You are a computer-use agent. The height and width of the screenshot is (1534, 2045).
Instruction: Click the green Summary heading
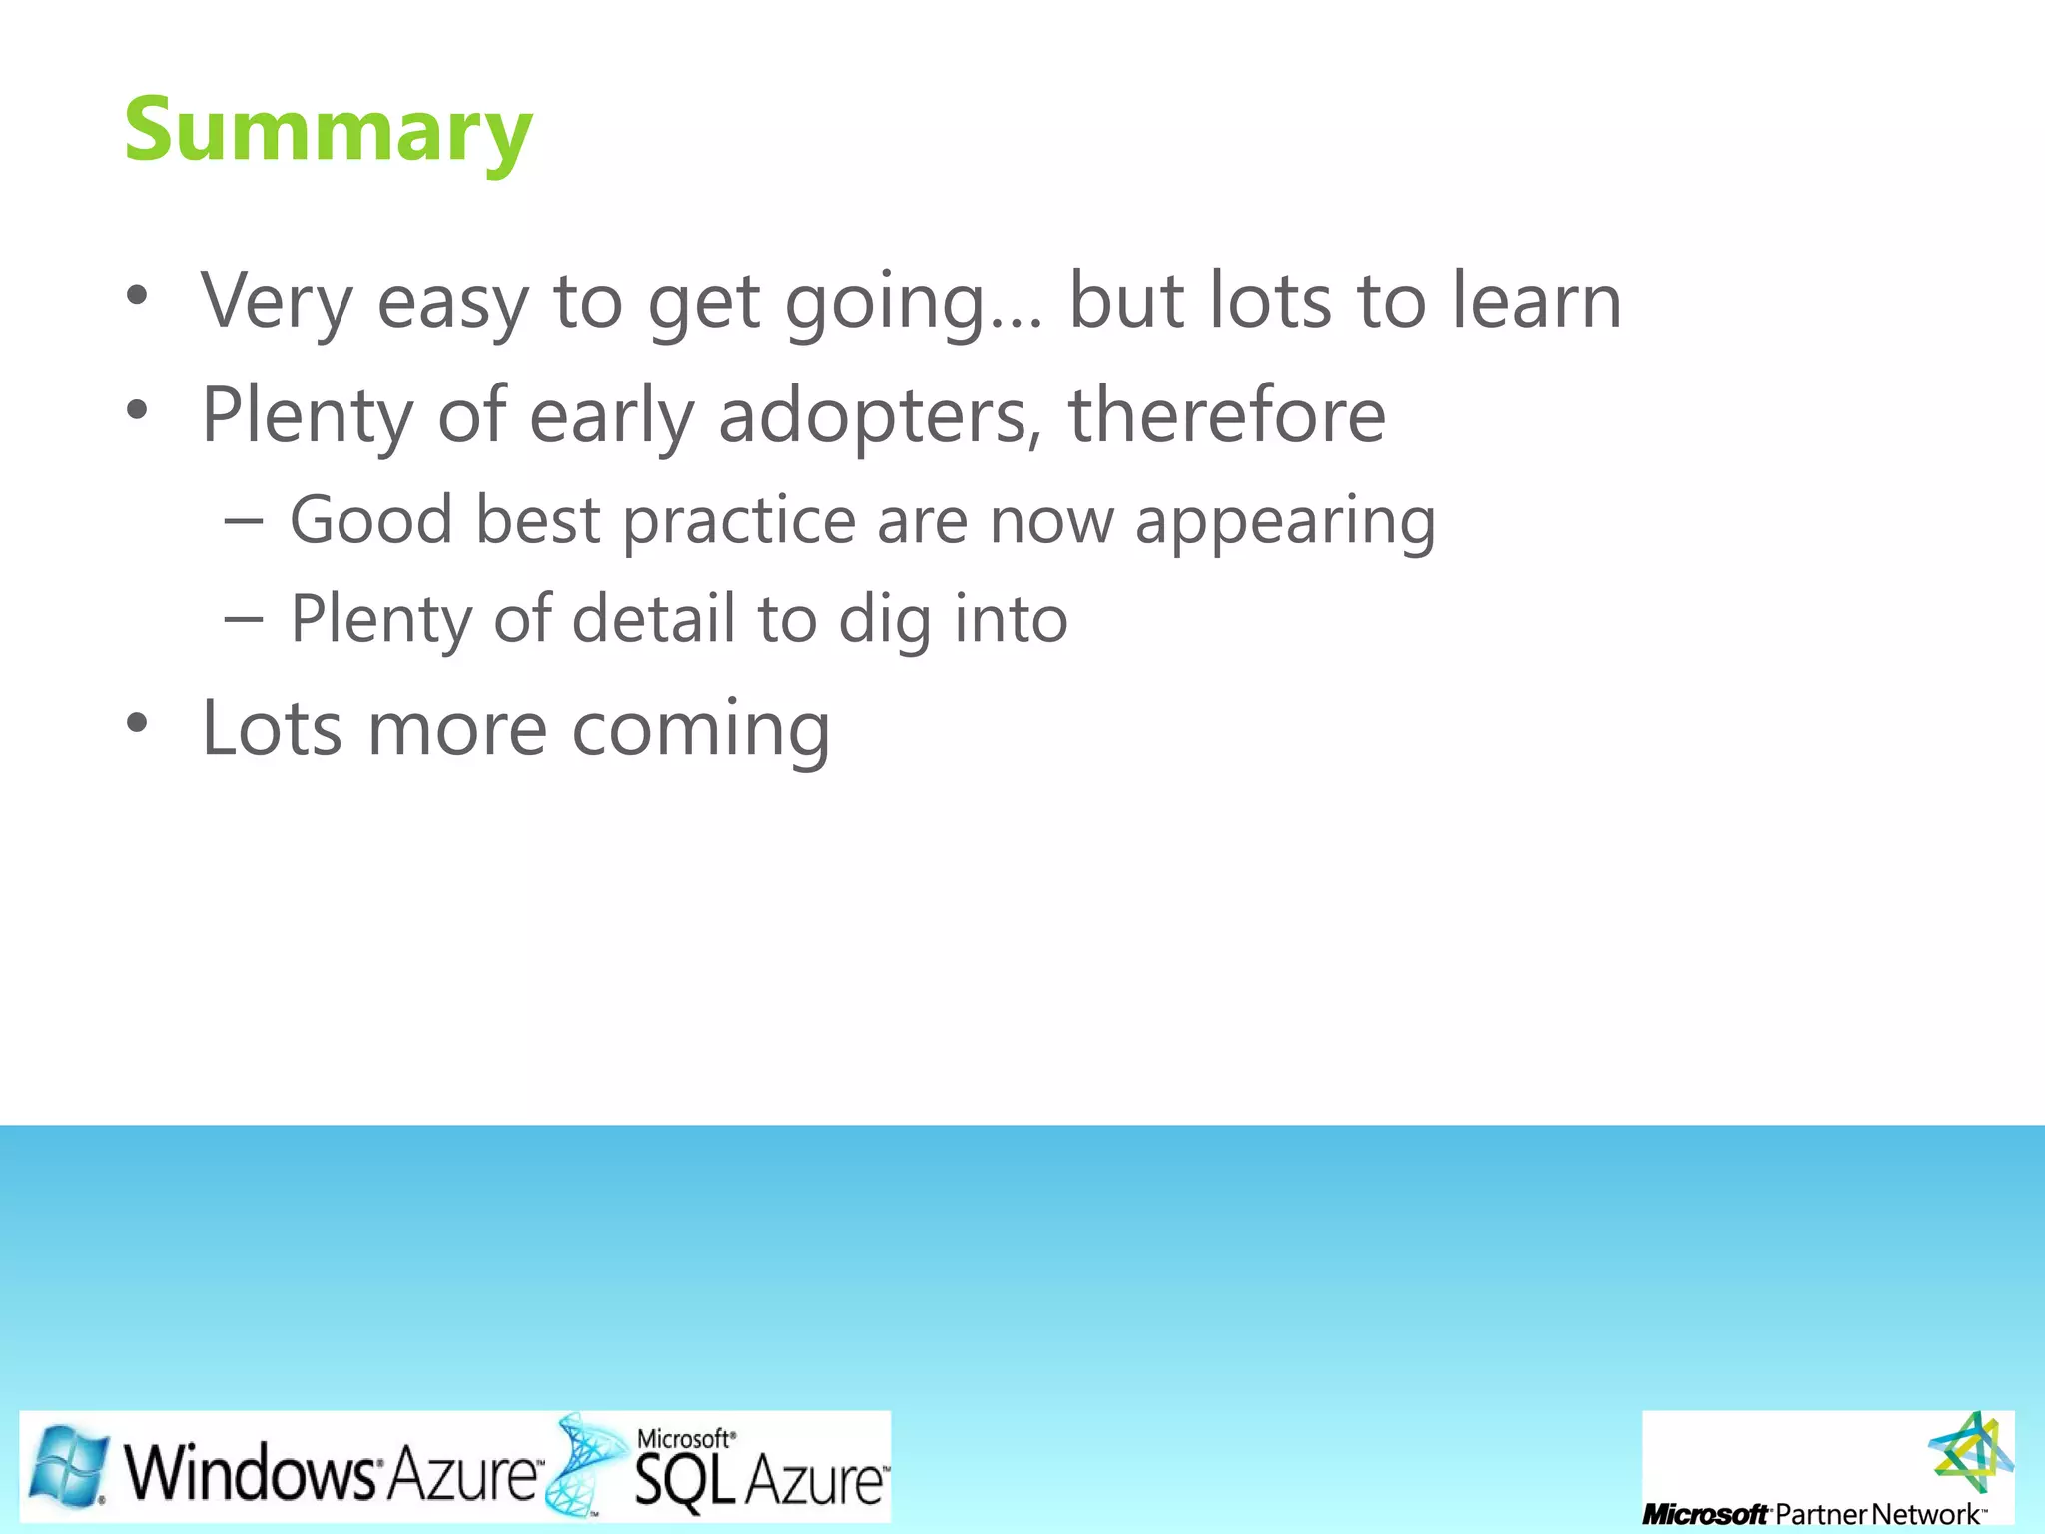[329, 130]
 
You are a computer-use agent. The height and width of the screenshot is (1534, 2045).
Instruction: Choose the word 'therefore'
[1227, 415]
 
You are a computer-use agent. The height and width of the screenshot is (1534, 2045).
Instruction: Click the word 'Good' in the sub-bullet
[370, 520]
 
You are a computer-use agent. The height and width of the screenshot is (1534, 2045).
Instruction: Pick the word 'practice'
[739, 520]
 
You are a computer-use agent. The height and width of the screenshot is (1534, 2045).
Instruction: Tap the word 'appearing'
[1285, 520]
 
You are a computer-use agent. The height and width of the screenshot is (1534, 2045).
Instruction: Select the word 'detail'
[654, 619]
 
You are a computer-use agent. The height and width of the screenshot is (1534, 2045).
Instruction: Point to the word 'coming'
[701, 729]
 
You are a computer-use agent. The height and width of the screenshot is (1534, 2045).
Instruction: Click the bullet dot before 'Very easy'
[137, 295]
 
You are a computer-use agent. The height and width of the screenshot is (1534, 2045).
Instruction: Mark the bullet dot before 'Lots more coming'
[137, 722]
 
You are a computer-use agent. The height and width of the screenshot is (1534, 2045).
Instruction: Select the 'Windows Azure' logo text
[330, 1472]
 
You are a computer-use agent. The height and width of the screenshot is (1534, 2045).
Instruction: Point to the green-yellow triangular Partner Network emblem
[1970, 1454]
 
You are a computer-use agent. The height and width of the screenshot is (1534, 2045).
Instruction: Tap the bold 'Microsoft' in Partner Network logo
[1704, 1515]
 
